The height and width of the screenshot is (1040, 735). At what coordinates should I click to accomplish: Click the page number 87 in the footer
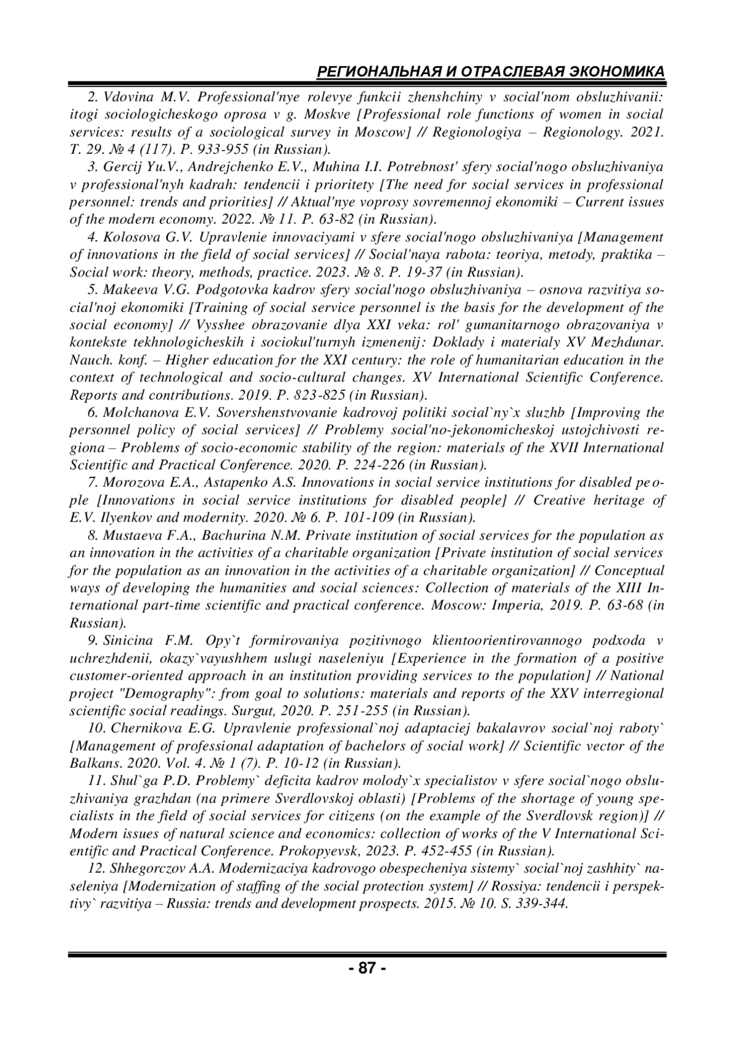(x=367, y=968)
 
